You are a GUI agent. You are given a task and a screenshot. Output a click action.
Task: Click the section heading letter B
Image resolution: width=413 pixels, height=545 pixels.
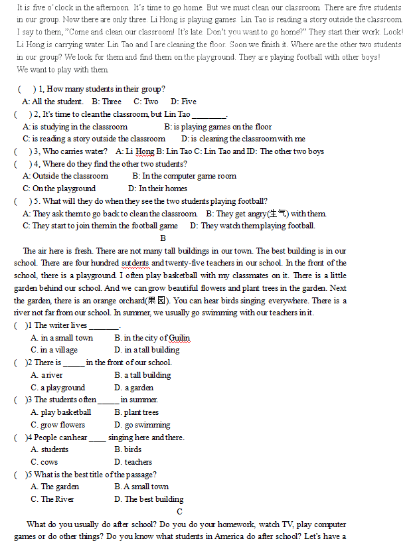pos(163,238)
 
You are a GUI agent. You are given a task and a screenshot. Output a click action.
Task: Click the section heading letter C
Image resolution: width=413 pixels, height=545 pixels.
pos(179,511)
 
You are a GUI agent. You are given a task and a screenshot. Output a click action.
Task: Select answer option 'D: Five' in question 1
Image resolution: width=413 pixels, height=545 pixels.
pos(183,102)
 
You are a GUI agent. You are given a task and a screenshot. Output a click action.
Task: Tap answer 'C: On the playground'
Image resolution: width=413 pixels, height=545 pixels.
pos(59,189)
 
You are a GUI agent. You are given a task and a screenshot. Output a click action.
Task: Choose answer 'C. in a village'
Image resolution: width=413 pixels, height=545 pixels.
pos(54,350)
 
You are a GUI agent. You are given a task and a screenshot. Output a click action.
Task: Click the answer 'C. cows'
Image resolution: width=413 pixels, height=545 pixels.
pos(44,462)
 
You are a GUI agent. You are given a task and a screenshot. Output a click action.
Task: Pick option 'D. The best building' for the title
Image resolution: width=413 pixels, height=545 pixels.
pos(149,499)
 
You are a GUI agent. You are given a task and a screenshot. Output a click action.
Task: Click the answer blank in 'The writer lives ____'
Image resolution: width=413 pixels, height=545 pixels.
pos(104,326)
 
